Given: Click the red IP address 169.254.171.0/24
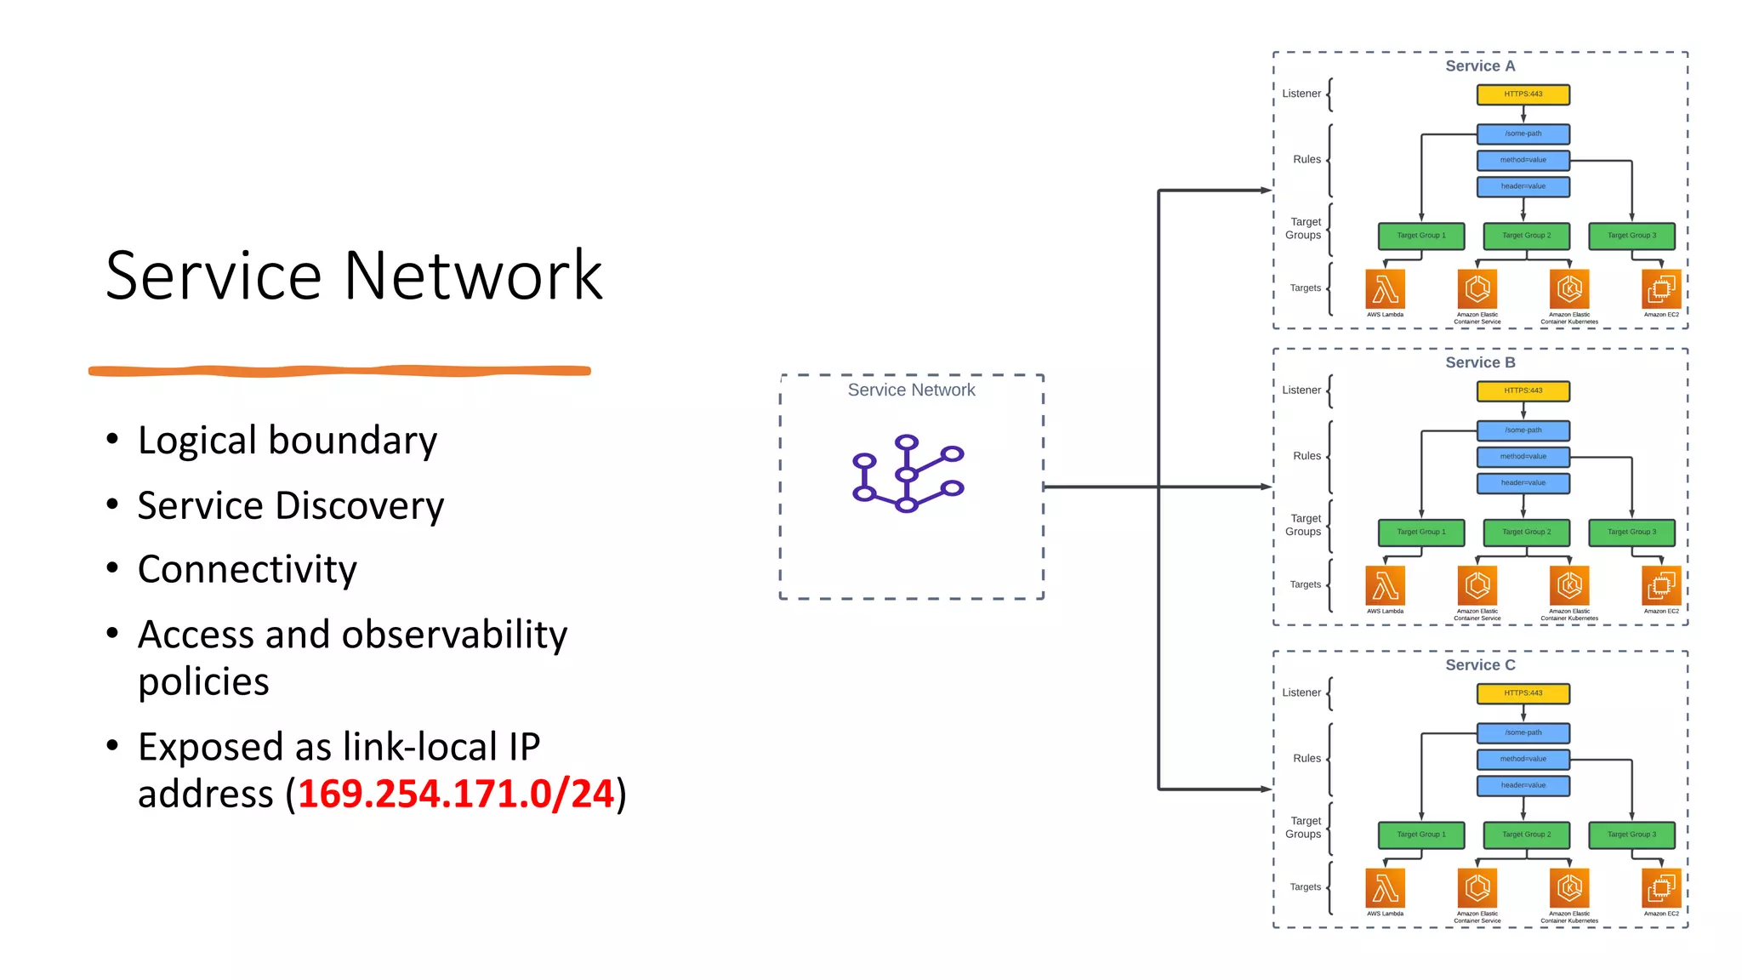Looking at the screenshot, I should pyautogui.click(x=456, y=794).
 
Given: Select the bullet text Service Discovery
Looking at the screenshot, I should pyautogui.click(x=291, y=505).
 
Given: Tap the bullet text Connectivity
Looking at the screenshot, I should pyautogui.click(x=248, y=569).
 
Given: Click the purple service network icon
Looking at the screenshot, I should pyautogui.click(x=908, y=474).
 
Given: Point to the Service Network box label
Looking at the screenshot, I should pyautogui.click(x=911, y=390).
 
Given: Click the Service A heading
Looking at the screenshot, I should pyautogui.click(x=1480, y=66).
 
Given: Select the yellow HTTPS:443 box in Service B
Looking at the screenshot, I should pyautogui.click(x=1523, y=390).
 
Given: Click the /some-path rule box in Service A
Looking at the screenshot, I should pyautogui.click(x=1523, y=134).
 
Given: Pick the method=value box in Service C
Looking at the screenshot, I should pyautogui.click(x=1523, y=759).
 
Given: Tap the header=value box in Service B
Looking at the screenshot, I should pyautogui.click(x=1523, y=483).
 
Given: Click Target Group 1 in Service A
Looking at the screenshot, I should pyautogui.click(x=1420, y=236).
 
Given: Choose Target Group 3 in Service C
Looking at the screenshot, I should pyautogui.click(x=1631, y=835).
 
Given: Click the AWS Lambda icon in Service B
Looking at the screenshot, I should pyautogui.click(x=1385, y=585).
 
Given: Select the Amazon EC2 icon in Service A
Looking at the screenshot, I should pyautogui.click(x=1660, y=289).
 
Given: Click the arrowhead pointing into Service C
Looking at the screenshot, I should pyautogui.click(x=1266, y=789).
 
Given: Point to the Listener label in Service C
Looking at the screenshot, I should pyautogui.click(x=1301, y=692).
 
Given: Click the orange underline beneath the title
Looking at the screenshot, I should pyautogui.click(x=340, y=370).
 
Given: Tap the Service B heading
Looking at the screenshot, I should pyautogui.click(x=1480, y=362).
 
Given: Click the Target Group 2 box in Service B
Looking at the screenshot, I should pyautogui.click(x=1526, y=532).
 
